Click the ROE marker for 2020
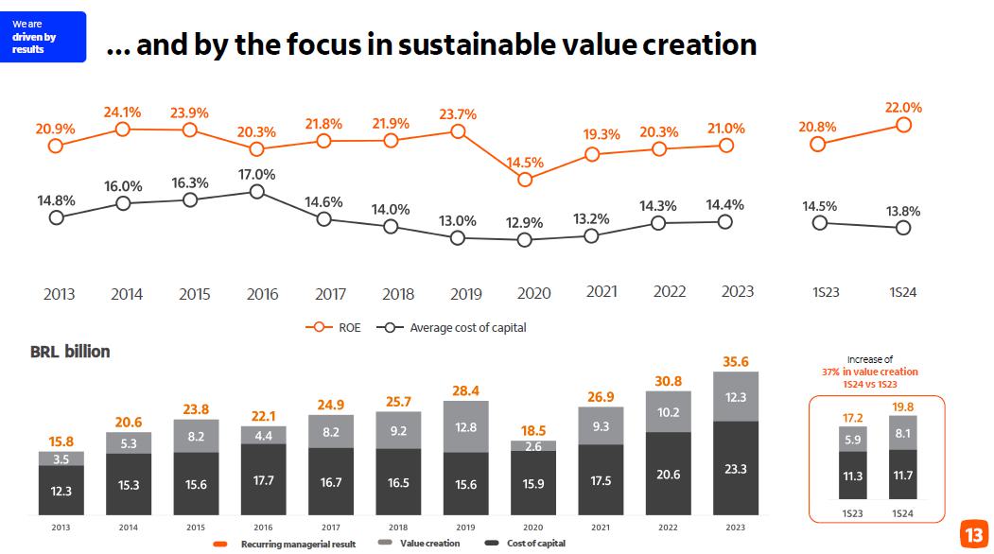click(x=526, y=180)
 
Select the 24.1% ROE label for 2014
click(x=123, y=113)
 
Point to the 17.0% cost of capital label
click(x=256, y=175)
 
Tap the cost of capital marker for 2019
click(x=458, y=238)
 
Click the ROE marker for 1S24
click(x=903, y=125)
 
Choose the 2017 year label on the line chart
click(x=330, y=294)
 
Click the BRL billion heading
click(x=70, y=352)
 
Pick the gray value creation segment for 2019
click(x=465, y=426)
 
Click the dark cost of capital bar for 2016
click(x=262, y=480)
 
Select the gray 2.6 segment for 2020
click(x=533, y=446)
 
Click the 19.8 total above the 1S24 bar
click(x=904, y=407)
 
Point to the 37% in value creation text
click(x=869, y=372)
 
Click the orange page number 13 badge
click(x=973, y=534)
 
